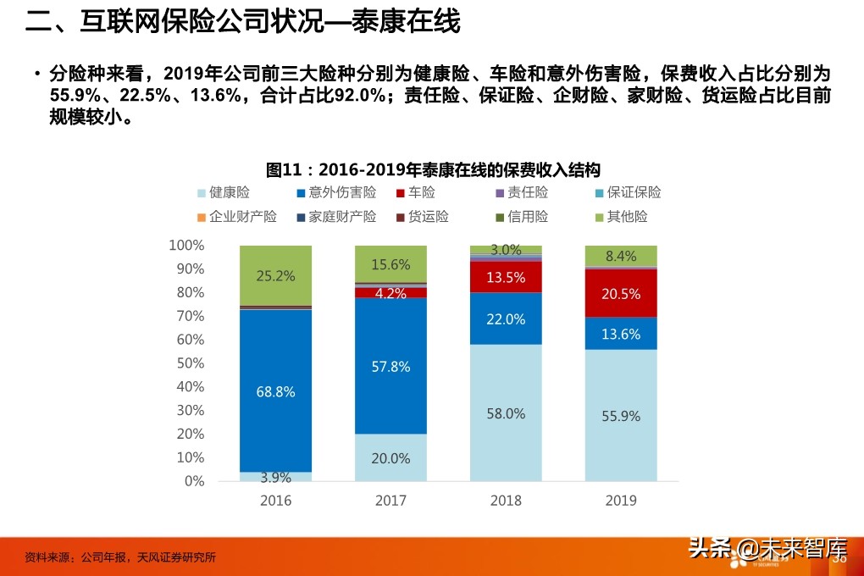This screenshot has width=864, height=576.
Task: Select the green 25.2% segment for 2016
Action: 275,275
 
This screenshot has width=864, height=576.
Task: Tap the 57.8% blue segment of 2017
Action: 390,367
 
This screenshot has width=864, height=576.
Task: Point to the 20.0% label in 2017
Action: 390,458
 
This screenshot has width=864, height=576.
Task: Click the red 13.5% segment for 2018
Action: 506,277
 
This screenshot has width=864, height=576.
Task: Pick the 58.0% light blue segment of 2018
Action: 506,413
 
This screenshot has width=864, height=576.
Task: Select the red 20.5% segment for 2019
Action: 621,293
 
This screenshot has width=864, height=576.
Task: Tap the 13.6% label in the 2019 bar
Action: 621,334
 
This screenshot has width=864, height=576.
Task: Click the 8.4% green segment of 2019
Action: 621,256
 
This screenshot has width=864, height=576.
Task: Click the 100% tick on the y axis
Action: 186,246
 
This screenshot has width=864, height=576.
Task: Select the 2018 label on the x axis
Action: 506,501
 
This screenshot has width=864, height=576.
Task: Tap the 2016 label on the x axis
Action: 275,501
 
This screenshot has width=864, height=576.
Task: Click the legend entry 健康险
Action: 230,193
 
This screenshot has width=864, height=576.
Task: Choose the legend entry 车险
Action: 421,193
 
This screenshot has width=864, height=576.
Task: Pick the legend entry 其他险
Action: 628,217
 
